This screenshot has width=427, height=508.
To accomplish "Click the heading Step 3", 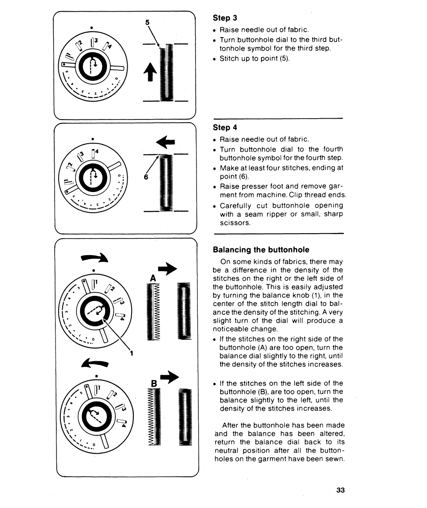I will point(225,18).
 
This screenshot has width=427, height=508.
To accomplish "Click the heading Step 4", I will point(225,128).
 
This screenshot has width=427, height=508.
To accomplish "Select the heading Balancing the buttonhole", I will point(260,249).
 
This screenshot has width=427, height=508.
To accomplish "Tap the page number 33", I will point(341,490).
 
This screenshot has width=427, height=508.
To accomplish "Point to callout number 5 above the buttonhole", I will point(147,22).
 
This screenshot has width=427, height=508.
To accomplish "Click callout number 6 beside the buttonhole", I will point(146,177).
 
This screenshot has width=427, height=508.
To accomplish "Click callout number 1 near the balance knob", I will point(132,354).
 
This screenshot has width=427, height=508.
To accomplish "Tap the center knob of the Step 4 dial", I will point(92,175).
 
